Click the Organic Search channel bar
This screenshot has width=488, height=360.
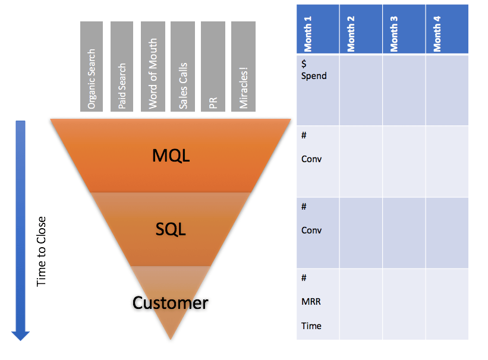tap(92, 67)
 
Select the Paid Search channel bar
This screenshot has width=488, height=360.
tap(122, 67)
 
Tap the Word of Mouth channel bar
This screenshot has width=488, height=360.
tap(152, 67)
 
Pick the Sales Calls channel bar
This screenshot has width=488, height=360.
tap(182, 67)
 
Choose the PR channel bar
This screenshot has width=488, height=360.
tap(213, 67)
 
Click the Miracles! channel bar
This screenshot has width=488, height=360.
tap(243, 67)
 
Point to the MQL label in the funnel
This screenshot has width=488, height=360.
tap(171, 156)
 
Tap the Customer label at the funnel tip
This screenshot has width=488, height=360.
tap(171, 303)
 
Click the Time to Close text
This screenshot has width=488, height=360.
tap(41, 251)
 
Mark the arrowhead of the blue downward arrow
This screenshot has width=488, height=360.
tap(20, 335)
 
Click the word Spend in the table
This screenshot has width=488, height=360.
tap(314, 76)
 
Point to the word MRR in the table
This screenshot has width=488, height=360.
tap(311, 302)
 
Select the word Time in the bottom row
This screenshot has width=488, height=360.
tap(311, 326)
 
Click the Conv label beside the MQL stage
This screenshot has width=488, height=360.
tap(311, 159)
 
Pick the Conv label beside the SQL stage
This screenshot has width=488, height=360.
tap(311, 230)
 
